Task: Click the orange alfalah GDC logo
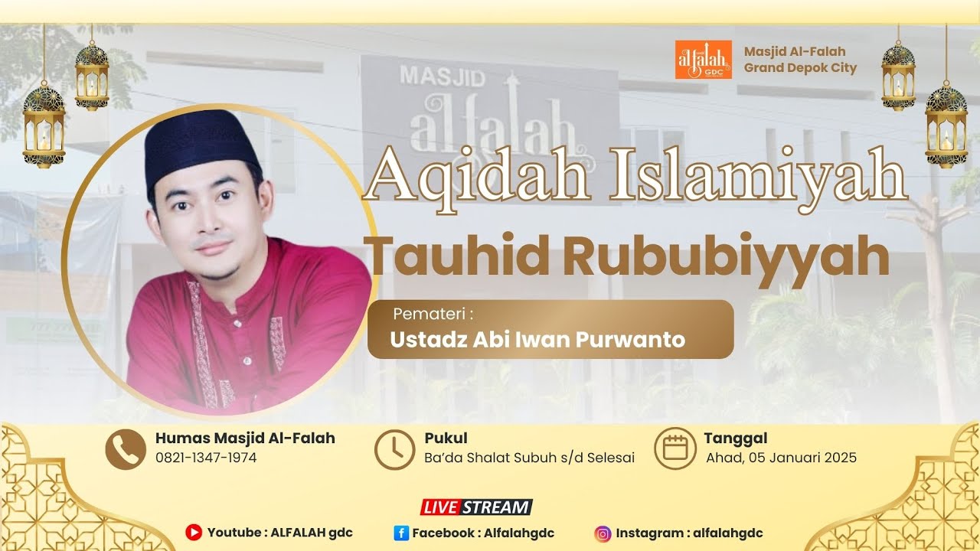coord(703,60)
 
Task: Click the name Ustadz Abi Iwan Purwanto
coord(537,339)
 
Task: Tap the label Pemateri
coord(433,314)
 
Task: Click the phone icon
coord(126,449)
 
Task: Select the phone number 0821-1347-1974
coord(206,458)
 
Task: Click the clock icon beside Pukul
coord(394,449)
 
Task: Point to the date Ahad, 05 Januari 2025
coord(781,458)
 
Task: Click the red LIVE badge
coord(441,507)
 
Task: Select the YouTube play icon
coord(194,533)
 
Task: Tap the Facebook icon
coord(401,533)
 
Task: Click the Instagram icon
coord(603,533)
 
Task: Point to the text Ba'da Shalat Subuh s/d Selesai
coord(529,458)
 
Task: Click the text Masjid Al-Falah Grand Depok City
coord(800,60)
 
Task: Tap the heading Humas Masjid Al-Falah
coord(245,439)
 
